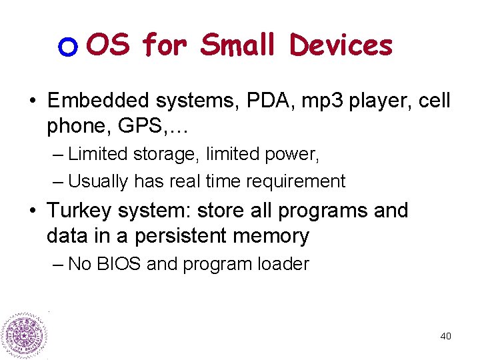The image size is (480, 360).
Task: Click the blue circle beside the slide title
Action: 69,47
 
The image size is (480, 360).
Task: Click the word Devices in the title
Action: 341,45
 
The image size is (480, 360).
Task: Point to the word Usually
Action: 99,181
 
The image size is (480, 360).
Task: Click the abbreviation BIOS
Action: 117,264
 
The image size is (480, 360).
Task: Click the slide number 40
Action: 445,336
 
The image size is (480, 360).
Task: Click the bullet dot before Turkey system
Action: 33,211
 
